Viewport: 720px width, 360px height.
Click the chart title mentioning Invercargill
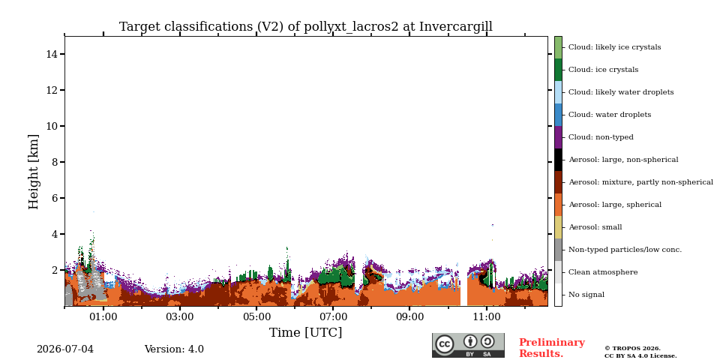(x=306, y=27)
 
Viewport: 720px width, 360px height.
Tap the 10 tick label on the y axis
(x=52, y=126)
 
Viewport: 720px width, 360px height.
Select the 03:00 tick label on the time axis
(x=180, y=316)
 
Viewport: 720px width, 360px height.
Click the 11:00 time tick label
(x=487, y=316)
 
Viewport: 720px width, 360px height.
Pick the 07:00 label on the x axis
(x=333, y=316)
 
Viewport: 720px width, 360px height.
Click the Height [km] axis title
(x=34, y=172)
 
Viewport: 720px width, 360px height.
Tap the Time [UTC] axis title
(x=306, y=332)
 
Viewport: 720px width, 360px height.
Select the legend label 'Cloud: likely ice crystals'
(x=615, y=47)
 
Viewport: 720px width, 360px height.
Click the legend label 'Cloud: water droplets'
(x=610, y=115)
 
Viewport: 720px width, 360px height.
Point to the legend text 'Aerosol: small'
(x=595, y=227)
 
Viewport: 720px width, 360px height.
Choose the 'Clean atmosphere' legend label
(x=603, y=272)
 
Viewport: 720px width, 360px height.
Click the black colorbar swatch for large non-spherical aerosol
(x=558, y=160)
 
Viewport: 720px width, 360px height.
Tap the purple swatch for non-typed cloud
(x=558, y=137)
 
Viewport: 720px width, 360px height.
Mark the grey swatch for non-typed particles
(x=558, y=250)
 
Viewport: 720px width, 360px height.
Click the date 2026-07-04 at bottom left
(x=65, y=349)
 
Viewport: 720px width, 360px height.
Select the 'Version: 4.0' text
(x=174, y=349)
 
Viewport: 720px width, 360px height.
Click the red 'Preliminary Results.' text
(x=552, y=348)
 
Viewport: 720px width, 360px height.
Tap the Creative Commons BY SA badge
(x=468, y=345)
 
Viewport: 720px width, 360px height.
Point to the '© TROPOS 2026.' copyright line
(x=633, y=349)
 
